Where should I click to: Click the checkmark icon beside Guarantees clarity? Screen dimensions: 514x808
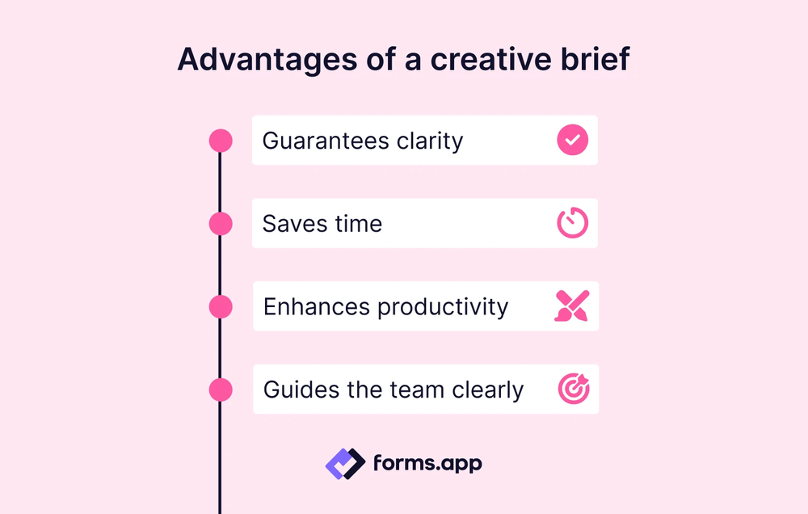click(573, 140)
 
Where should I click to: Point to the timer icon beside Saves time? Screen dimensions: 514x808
click(573, 224)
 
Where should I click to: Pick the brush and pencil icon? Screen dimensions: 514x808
click(573, 306)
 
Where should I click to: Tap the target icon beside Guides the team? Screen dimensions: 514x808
click(574, 390)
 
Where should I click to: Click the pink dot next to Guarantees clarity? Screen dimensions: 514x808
click(221, 141)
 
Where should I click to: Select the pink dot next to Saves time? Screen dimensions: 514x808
click(221, 224)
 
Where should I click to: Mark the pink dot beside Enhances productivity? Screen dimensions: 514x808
click(221, 307)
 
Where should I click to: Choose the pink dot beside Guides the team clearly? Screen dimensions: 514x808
click(221, 390)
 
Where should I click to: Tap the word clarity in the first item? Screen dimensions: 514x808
click(430, 141)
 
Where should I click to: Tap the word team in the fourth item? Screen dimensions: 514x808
click(414, 390)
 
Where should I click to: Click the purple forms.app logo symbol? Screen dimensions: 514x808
click(345, 463)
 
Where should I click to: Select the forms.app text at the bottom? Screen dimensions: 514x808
click(427, 463)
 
